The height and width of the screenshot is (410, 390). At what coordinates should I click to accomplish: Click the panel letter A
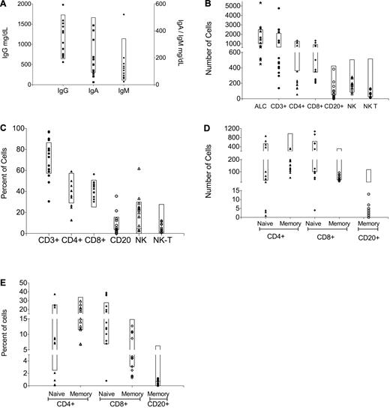click(x=4, y=5)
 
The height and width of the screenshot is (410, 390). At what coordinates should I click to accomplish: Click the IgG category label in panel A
click(x=62, y=96)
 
